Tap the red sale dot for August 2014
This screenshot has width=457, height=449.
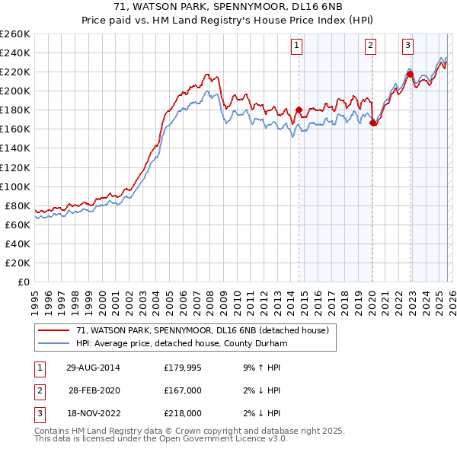tap(299, 110)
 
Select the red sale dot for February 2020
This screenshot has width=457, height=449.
tap(373, 123)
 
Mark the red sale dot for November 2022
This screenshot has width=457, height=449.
tap(410, 74)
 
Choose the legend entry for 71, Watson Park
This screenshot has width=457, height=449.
tap(202, 330)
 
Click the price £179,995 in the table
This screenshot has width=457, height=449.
tap(183, 367)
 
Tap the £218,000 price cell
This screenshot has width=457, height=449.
tap(183, 413)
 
